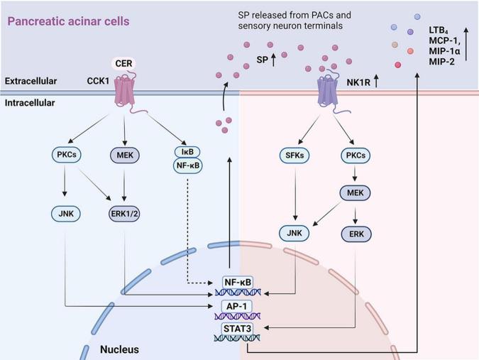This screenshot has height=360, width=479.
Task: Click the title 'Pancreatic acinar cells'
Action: pyautogui.click(x=69, y=21)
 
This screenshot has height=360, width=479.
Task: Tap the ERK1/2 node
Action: pyautogui.click(x=125, y=213)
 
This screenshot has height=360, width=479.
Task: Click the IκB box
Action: pyautogui.click(x=186, y=151)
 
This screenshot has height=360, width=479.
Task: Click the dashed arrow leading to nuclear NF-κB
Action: pyautogui.click(x=186, y=234)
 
